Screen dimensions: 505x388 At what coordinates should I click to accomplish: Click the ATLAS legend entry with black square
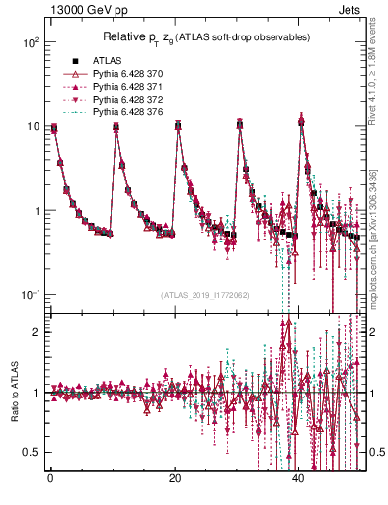click(106, 61)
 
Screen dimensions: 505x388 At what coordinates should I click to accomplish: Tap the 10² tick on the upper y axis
click(30, 43)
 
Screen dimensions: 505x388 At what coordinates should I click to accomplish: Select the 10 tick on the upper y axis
click(32, 127)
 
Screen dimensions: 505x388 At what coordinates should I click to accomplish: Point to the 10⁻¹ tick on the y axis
click(30, 296)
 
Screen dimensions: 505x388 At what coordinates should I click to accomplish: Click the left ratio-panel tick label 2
click(36, 332)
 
